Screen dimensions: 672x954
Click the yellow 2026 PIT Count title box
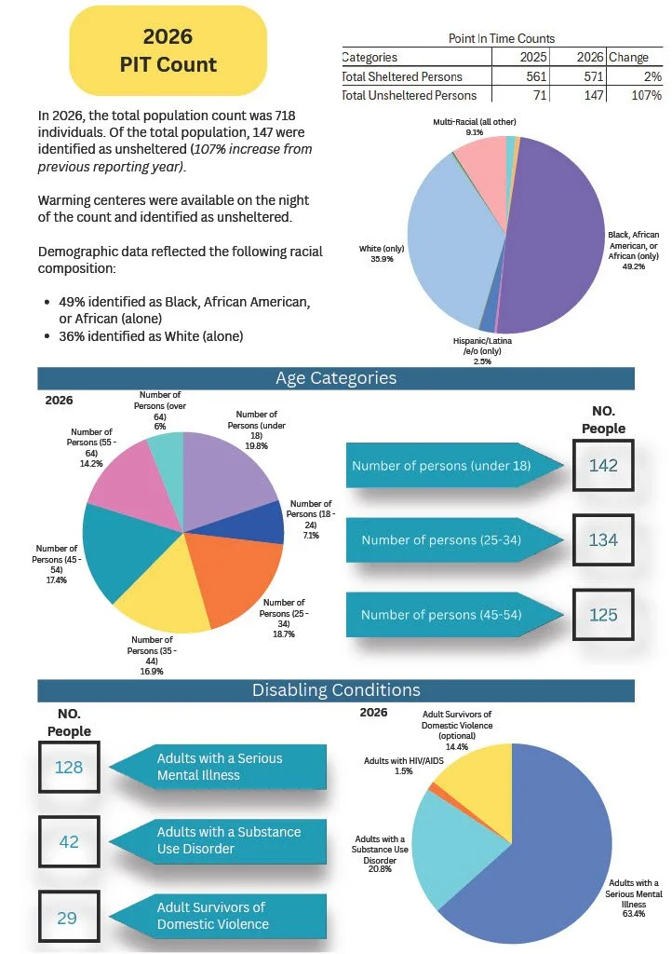(168, 50)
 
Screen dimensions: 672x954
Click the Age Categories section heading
(336, 378)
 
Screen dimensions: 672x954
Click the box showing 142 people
(603, 466)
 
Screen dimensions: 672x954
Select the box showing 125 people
(603, 615)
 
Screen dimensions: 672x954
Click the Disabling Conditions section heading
(336, 690)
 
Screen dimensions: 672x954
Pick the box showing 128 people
(69, 768)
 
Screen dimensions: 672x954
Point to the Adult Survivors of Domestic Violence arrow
(218, 916)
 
